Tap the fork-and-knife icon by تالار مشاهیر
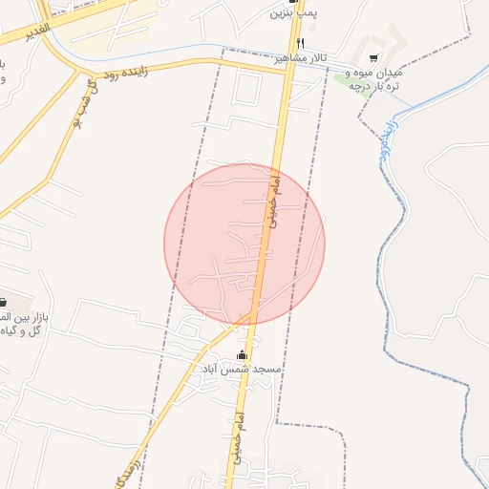pos(300,43)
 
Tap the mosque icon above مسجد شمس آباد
pos(241,355)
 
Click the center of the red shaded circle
pos(244,244)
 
